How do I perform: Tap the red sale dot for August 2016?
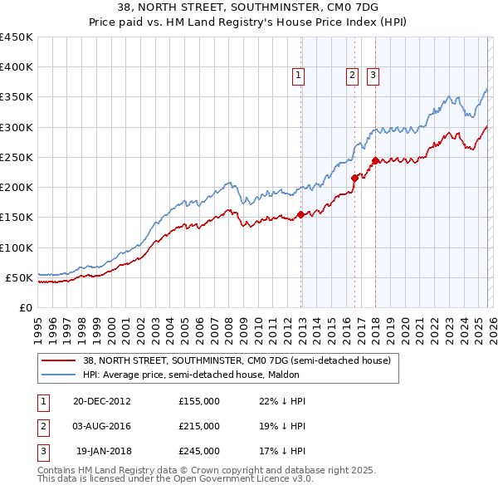(354, 178)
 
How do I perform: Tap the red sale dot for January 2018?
(375, 160)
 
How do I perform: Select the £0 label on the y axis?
(26, 307)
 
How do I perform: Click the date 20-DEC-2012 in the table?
(101, 401)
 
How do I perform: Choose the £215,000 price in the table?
(199, 426)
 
